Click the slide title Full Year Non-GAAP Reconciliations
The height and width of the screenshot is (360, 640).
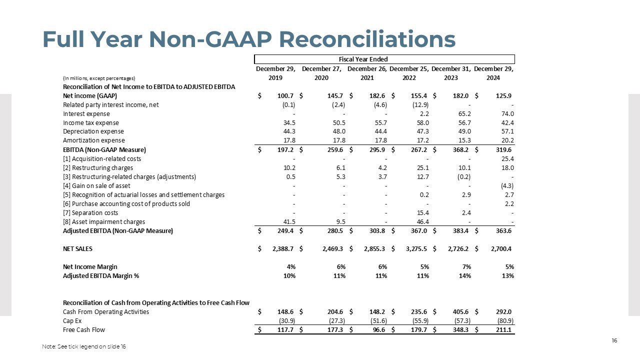(248, 39)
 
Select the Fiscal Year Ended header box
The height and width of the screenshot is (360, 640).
(384, 59)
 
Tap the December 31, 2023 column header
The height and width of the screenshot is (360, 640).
(450, 73)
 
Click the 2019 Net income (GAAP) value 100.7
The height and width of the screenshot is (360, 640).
(285, 95)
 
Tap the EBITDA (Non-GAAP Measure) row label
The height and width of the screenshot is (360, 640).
(104, 149)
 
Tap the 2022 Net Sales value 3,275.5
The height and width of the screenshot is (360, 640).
(416, 248)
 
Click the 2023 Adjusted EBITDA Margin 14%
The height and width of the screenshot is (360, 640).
(465, 275)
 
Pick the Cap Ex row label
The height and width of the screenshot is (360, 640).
(72, 321)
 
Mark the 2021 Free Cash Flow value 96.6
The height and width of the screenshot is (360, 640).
(378, 330)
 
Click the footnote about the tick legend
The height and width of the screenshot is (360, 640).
(84, 347)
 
